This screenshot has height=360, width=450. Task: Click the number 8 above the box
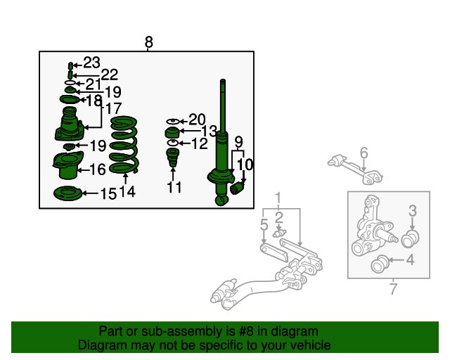pyautogui.click(x=148, y=42)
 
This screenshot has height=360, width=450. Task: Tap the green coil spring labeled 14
pyautogui.click(x=124, y=145)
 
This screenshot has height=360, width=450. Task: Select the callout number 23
pyautogui.click(x=91, y=63)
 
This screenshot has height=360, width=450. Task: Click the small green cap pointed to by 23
pyautogui.click(x=70, y=65)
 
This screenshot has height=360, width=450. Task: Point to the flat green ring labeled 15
pyautogui.click(x=67, y=193)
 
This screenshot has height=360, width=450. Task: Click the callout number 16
pyautogui.click(x=98, y=169)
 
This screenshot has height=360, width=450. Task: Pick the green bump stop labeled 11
pyautogui.click(x=172, y=157)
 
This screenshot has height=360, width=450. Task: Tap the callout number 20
pyautogui.click(x=197, y=120)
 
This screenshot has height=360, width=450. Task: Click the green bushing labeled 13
pyautogui.click(x=172, y=133)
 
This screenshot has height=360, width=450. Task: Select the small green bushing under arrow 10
pyautogui.click(x=237, y=188)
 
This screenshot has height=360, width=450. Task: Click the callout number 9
pyautogui.click(x=238, y=142)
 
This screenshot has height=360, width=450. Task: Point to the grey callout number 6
pyautogui.click(x=364, y=153)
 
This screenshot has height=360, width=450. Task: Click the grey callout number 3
pyautogui.click(x=413, y=211)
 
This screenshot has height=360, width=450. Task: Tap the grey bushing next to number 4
pyautogui.click(x=380, y=264)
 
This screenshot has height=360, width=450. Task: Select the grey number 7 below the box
pyautogui.click(x=393, y=289)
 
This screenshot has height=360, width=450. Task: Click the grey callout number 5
pyautogui.click(x=264, y=225)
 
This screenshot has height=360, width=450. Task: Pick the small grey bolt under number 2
pyautogui.click(x=280, y=233)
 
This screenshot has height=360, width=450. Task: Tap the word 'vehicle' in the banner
pyautogui.click(x=312, y=345)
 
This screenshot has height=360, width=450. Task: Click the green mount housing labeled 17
pyautogui.click(x=69, y=124)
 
